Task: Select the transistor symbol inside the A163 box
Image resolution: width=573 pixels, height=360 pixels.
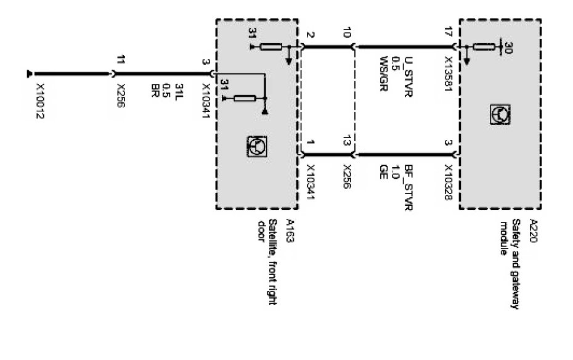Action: pyautogui.click(x=256, y=145)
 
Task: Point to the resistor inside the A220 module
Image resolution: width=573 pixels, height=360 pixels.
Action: pyautogui.click(x=486, y=46)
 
